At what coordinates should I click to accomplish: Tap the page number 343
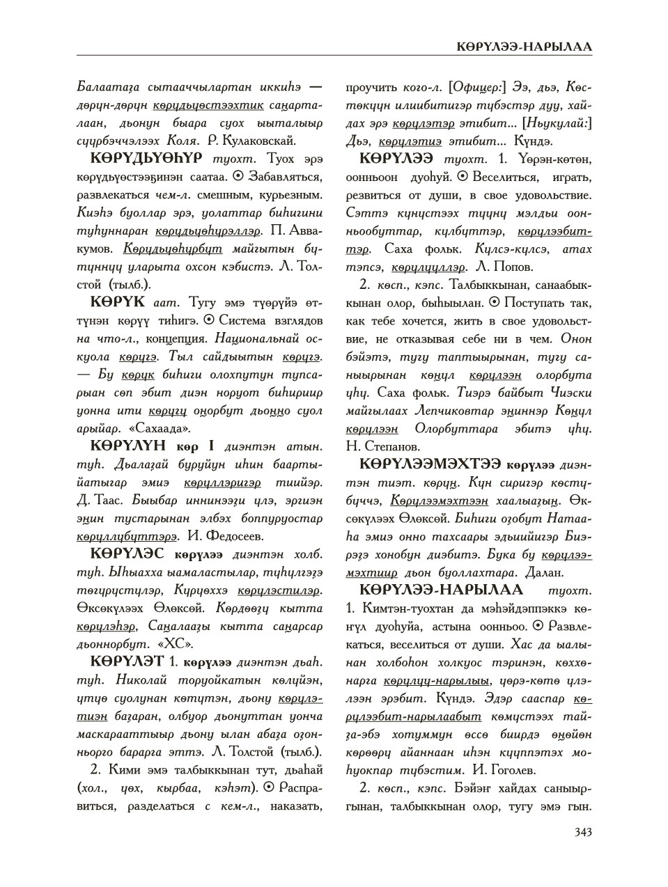click(582, 832)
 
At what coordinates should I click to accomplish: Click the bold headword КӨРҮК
click(118, 302)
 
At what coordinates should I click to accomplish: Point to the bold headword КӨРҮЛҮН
click(130, 446)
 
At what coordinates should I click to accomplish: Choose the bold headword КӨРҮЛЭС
click(127, 554)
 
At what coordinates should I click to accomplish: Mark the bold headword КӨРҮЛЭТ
click(127, 661)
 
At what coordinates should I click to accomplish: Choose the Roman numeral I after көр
click(211, 446)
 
